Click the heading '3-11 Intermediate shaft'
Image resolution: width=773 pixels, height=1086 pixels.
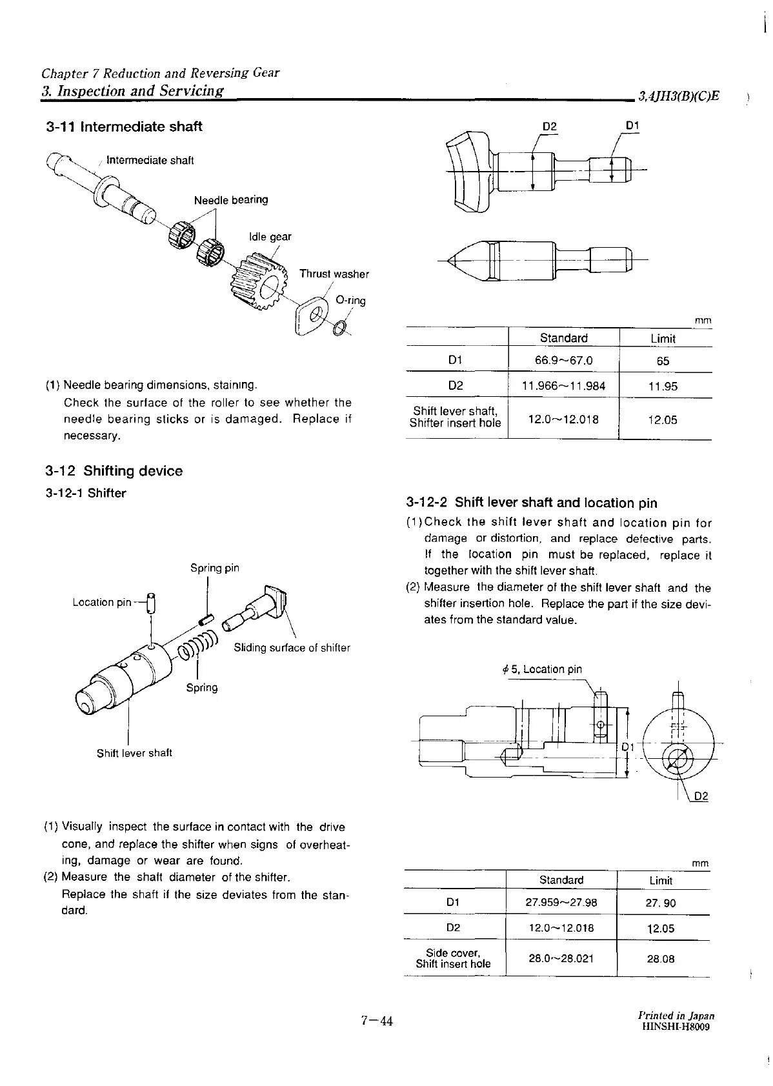point(124,126)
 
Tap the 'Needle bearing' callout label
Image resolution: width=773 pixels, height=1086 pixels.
point(230,200)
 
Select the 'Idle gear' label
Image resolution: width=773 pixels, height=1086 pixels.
point(270,237)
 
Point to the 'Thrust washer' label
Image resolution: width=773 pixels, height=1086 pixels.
point(334,274)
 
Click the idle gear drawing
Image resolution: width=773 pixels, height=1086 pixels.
point(256,282)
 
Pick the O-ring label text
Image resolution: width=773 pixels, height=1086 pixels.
point(350,301)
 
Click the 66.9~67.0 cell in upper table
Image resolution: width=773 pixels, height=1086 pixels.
point(563,360)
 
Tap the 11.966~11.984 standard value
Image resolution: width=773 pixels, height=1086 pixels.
point(563,386)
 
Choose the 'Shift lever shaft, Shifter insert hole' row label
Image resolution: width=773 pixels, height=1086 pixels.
point(456,417)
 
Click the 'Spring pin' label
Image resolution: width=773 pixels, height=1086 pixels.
point(214,568)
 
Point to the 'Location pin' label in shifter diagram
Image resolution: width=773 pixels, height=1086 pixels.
point(102,602)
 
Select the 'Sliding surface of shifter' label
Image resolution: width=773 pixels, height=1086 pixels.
point(292,648)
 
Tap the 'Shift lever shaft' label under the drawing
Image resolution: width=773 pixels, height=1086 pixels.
point(134,753)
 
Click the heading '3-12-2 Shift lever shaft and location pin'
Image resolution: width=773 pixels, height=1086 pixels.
point(532,503)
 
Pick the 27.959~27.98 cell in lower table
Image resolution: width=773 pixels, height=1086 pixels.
point(561,903)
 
